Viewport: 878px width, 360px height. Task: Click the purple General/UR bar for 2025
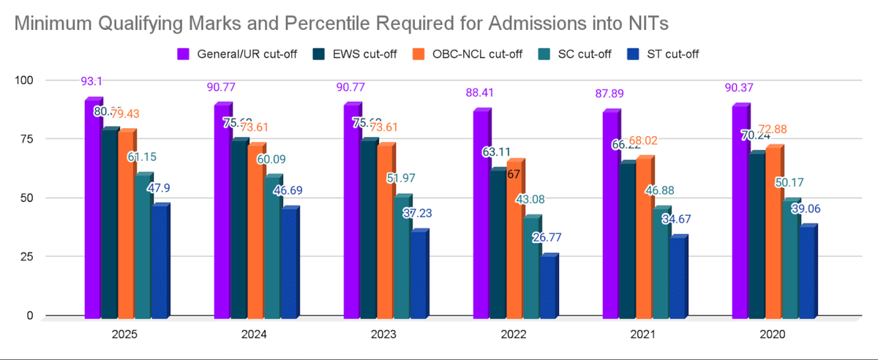pyautogui.click(x=92, y=209)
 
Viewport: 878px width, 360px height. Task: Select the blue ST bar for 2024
pyautogui.click(x=289, y=263)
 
